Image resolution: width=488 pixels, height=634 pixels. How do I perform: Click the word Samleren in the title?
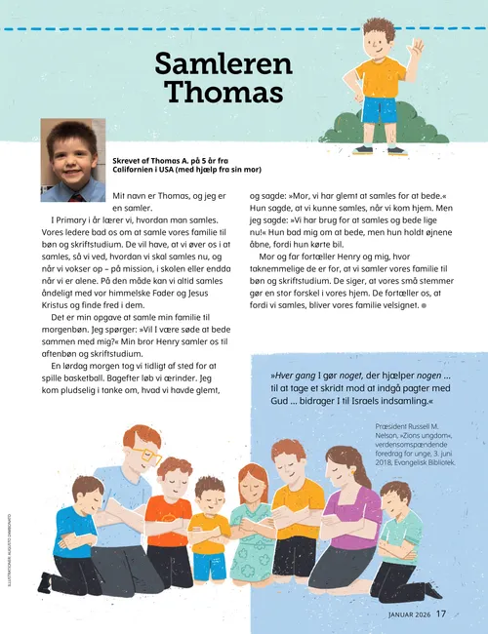tap(224, 64)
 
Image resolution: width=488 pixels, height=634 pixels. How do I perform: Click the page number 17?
tap(441, 614)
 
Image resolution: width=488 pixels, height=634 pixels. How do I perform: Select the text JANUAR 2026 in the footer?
tap(402, 614)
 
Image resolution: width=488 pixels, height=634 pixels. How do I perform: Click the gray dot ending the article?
tap(424, 305)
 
